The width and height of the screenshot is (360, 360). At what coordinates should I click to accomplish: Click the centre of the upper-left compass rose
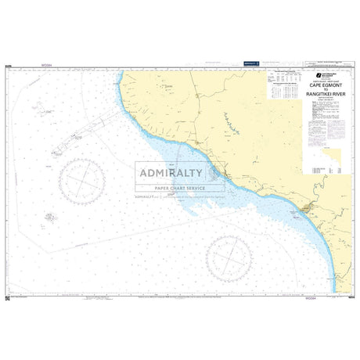pos(82,181)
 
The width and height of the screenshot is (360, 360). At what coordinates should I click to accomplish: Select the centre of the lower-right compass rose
pos(229,259)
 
